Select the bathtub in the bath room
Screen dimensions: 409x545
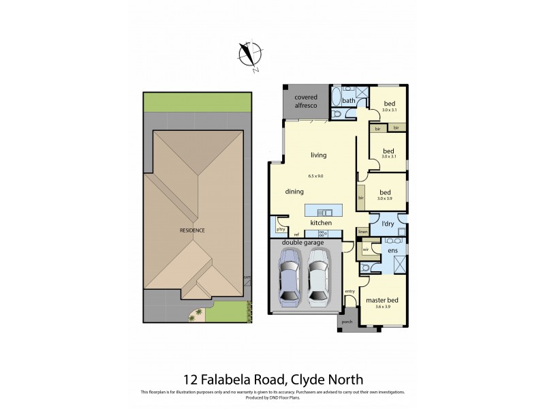pos(335,102)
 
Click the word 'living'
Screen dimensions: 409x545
pos(318,155)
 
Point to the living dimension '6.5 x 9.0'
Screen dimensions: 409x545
pos(315,176)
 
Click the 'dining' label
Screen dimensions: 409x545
pos(294,192)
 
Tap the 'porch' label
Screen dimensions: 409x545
pos(347,321)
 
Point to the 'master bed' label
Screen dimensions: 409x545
pos(381,300)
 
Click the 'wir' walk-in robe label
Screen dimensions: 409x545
pos(366,249)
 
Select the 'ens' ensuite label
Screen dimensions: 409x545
pos(392,251)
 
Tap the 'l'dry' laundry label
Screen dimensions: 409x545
pos(388,224)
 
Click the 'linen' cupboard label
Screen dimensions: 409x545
pos(363,232)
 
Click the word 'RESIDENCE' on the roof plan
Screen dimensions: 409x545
pos(192,230)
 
